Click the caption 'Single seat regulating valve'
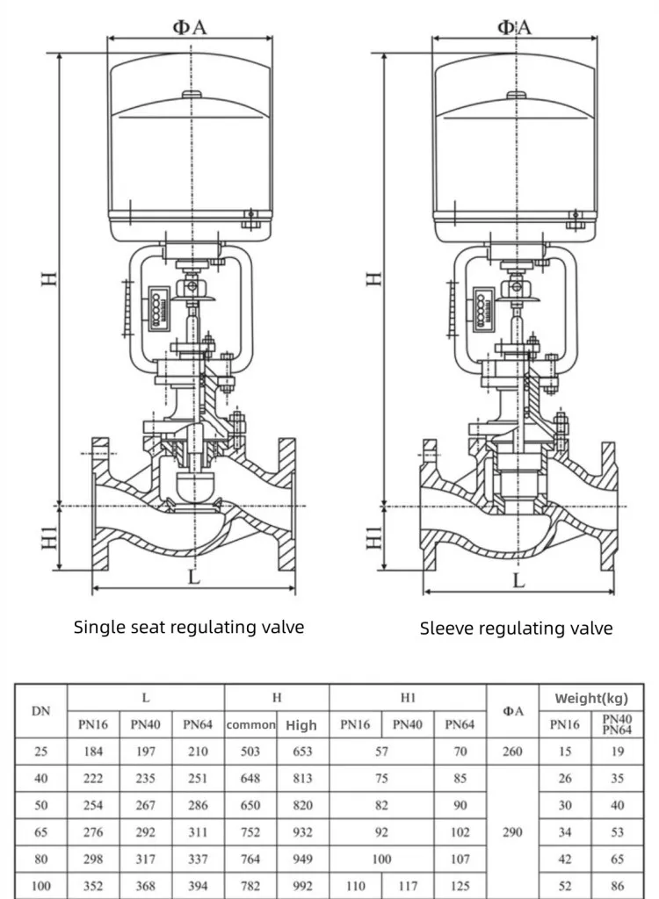(188, 627)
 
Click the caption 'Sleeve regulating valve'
(516, 628)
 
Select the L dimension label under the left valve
(193, 577)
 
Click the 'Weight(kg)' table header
(590, 699)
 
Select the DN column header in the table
(40, 711)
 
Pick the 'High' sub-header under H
(301, 725)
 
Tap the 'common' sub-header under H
(250, 725)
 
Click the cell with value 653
(301, 752)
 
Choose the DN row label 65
(40, 832)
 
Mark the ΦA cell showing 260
(512, 752)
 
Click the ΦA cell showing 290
(512, 832)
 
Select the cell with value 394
(197, 887)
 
